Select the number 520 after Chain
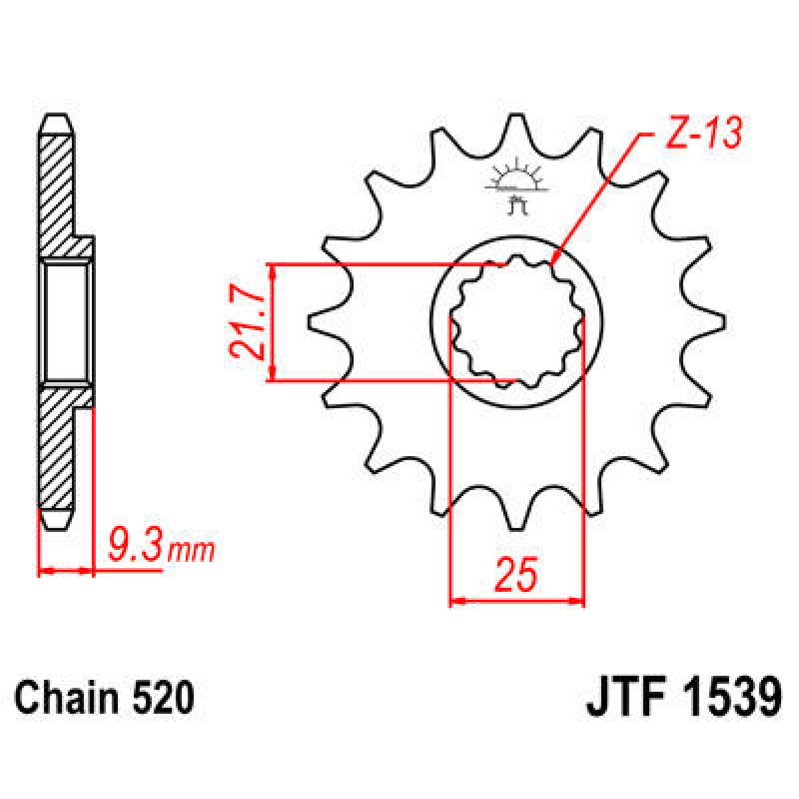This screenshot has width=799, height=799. click(164, 698)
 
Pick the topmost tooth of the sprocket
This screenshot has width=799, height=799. click(516, 127)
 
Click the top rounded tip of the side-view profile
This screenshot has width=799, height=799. click(55, 123)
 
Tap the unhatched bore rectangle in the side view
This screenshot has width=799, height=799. click(65, 322)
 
